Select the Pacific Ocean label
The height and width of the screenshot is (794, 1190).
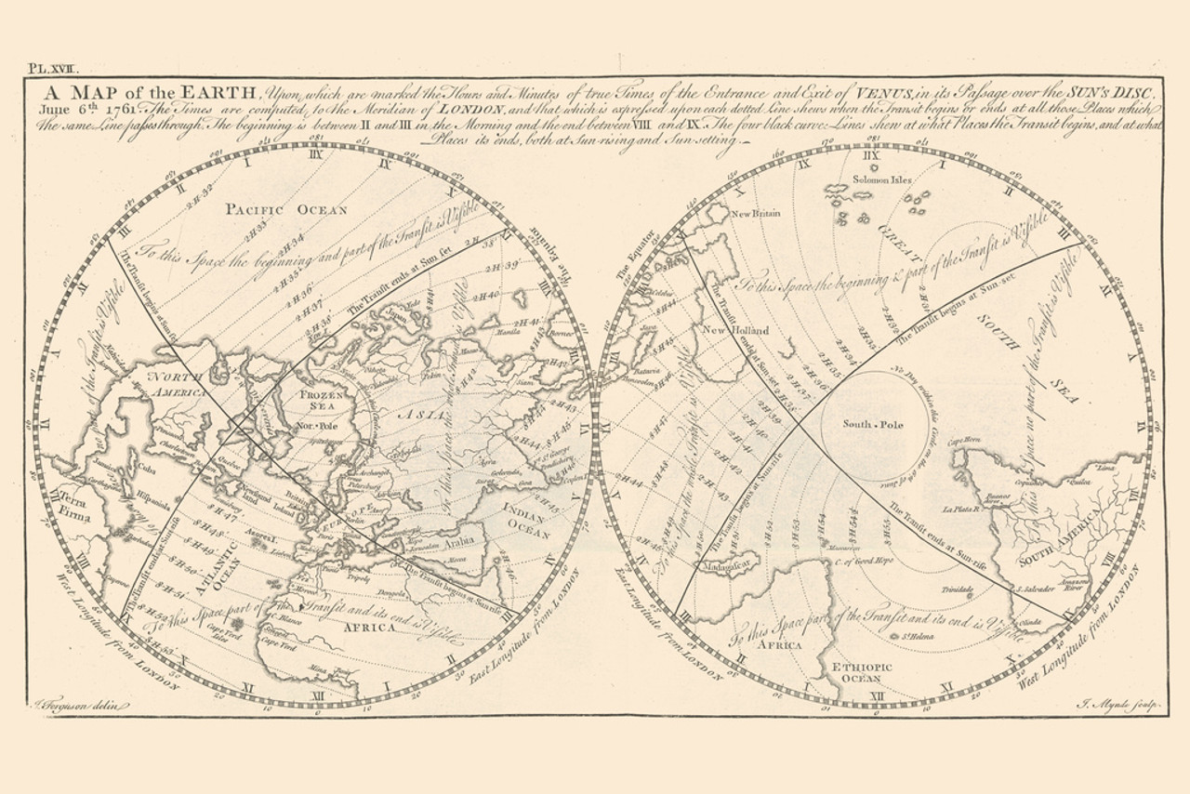(x=286, y=209)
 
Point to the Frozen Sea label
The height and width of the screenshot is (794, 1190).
(x=323, y=401)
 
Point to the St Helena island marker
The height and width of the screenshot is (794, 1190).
(x=894, y=636)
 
